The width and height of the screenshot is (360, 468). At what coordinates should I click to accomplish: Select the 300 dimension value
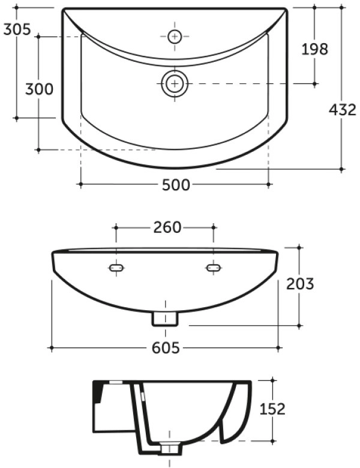coord(39,89)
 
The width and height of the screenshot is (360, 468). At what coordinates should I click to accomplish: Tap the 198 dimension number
coord(314,49)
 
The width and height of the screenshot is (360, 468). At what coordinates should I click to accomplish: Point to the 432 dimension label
coord(343,110)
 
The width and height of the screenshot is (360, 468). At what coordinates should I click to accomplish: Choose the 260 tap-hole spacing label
coord(164,227)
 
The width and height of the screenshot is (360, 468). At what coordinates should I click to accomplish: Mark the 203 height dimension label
coord(299,283)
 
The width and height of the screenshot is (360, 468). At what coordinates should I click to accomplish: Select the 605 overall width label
coord(165,348)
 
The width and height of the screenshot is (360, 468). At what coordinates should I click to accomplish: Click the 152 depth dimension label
coord(272,409)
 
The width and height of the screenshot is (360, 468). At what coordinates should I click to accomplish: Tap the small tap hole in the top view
coord(175,36)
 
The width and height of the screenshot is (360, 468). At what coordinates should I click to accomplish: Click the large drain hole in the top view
coord(175,83)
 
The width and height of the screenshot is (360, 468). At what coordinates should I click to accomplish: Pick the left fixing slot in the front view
coord(116,268)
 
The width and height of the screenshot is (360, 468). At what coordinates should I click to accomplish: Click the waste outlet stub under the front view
coord(165,319)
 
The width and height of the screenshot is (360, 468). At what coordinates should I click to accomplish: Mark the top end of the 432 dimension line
coord(342,8)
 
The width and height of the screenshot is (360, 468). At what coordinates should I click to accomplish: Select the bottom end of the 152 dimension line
coord(272,442)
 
